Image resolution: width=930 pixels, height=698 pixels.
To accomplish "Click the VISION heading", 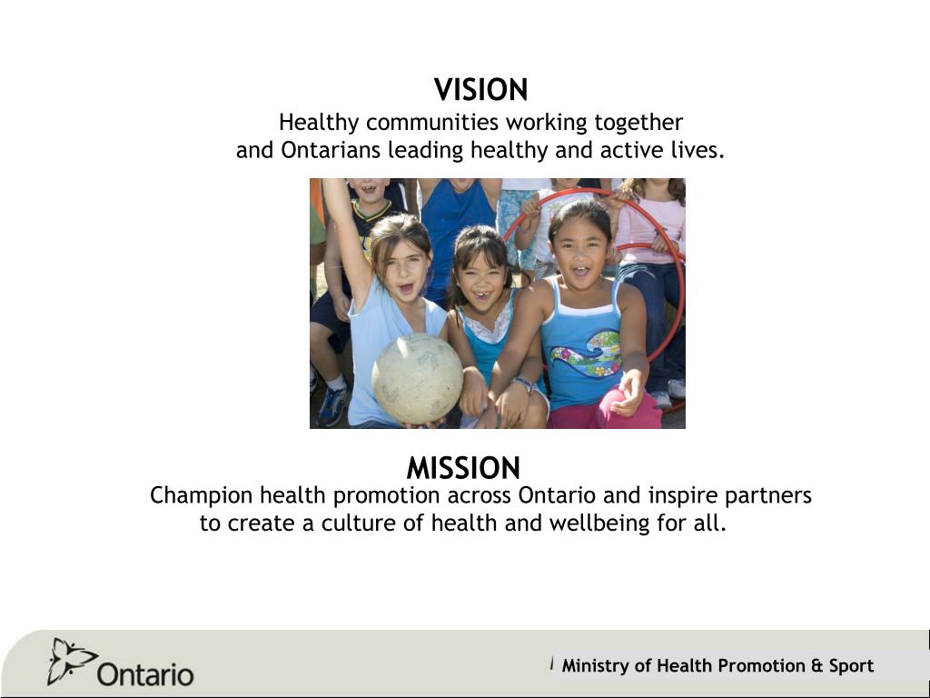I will pos(480,90).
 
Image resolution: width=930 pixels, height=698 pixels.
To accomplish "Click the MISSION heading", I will pos(463,468).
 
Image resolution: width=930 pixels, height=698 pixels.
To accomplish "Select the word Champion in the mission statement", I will pos(201,495).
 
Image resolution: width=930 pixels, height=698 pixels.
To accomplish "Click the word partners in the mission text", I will pos(775,495).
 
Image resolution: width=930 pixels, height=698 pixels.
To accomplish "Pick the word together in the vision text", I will pos(638,122).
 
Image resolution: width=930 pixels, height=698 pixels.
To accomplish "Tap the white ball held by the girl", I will pos(417,379).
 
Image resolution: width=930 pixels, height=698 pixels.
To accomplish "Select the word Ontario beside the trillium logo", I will pos(145,674).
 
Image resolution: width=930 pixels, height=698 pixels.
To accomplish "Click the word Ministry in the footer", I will pos(595,665).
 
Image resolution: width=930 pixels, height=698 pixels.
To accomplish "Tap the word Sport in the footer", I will pos(851,665).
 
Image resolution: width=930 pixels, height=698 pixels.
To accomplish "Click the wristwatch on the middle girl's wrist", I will pos(522,384).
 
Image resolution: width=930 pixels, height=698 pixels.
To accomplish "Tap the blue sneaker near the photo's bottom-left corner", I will pos(331,405).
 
